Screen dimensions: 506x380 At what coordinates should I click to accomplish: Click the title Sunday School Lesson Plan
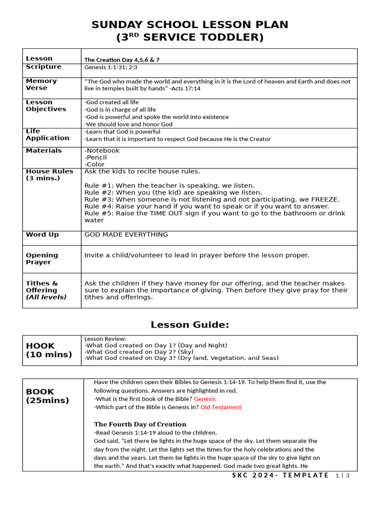click(190, 25)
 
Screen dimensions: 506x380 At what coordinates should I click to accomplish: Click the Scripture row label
click(44, 67)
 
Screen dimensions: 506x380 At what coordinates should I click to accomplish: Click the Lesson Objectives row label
click(46, 106)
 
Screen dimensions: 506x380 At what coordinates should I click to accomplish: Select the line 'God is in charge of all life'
click(120, 110)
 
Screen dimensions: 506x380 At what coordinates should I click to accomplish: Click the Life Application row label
click(47, 135)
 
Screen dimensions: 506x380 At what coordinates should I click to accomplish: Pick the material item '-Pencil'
click(95, 158)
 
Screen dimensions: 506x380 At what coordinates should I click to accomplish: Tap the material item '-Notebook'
click(102, 151)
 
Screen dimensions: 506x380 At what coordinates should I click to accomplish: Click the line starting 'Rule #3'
click(212, 200)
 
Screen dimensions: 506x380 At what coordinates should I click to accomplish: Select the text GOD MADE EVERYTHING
click(126, 235)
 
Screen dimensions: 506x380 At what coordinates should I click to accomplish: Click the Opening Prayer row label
click(42, 259)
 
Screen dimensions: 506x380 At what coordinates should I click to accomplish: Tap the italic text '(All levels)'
click(46, 297)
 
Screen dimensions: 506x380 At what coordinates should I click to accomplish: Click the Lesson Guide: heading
click(190, 325)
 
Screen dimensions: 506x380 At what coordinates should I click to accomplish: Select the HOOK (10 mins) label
click(48, 350)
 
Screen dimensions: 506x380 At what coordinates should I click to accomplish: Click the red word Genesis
click(204, 399)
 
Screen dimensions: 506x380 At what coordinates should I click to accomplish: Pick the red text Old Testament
click(221, 408)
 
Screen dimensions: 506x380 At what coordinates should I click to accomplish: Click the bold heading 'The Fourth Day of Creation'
click(140, 424)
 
